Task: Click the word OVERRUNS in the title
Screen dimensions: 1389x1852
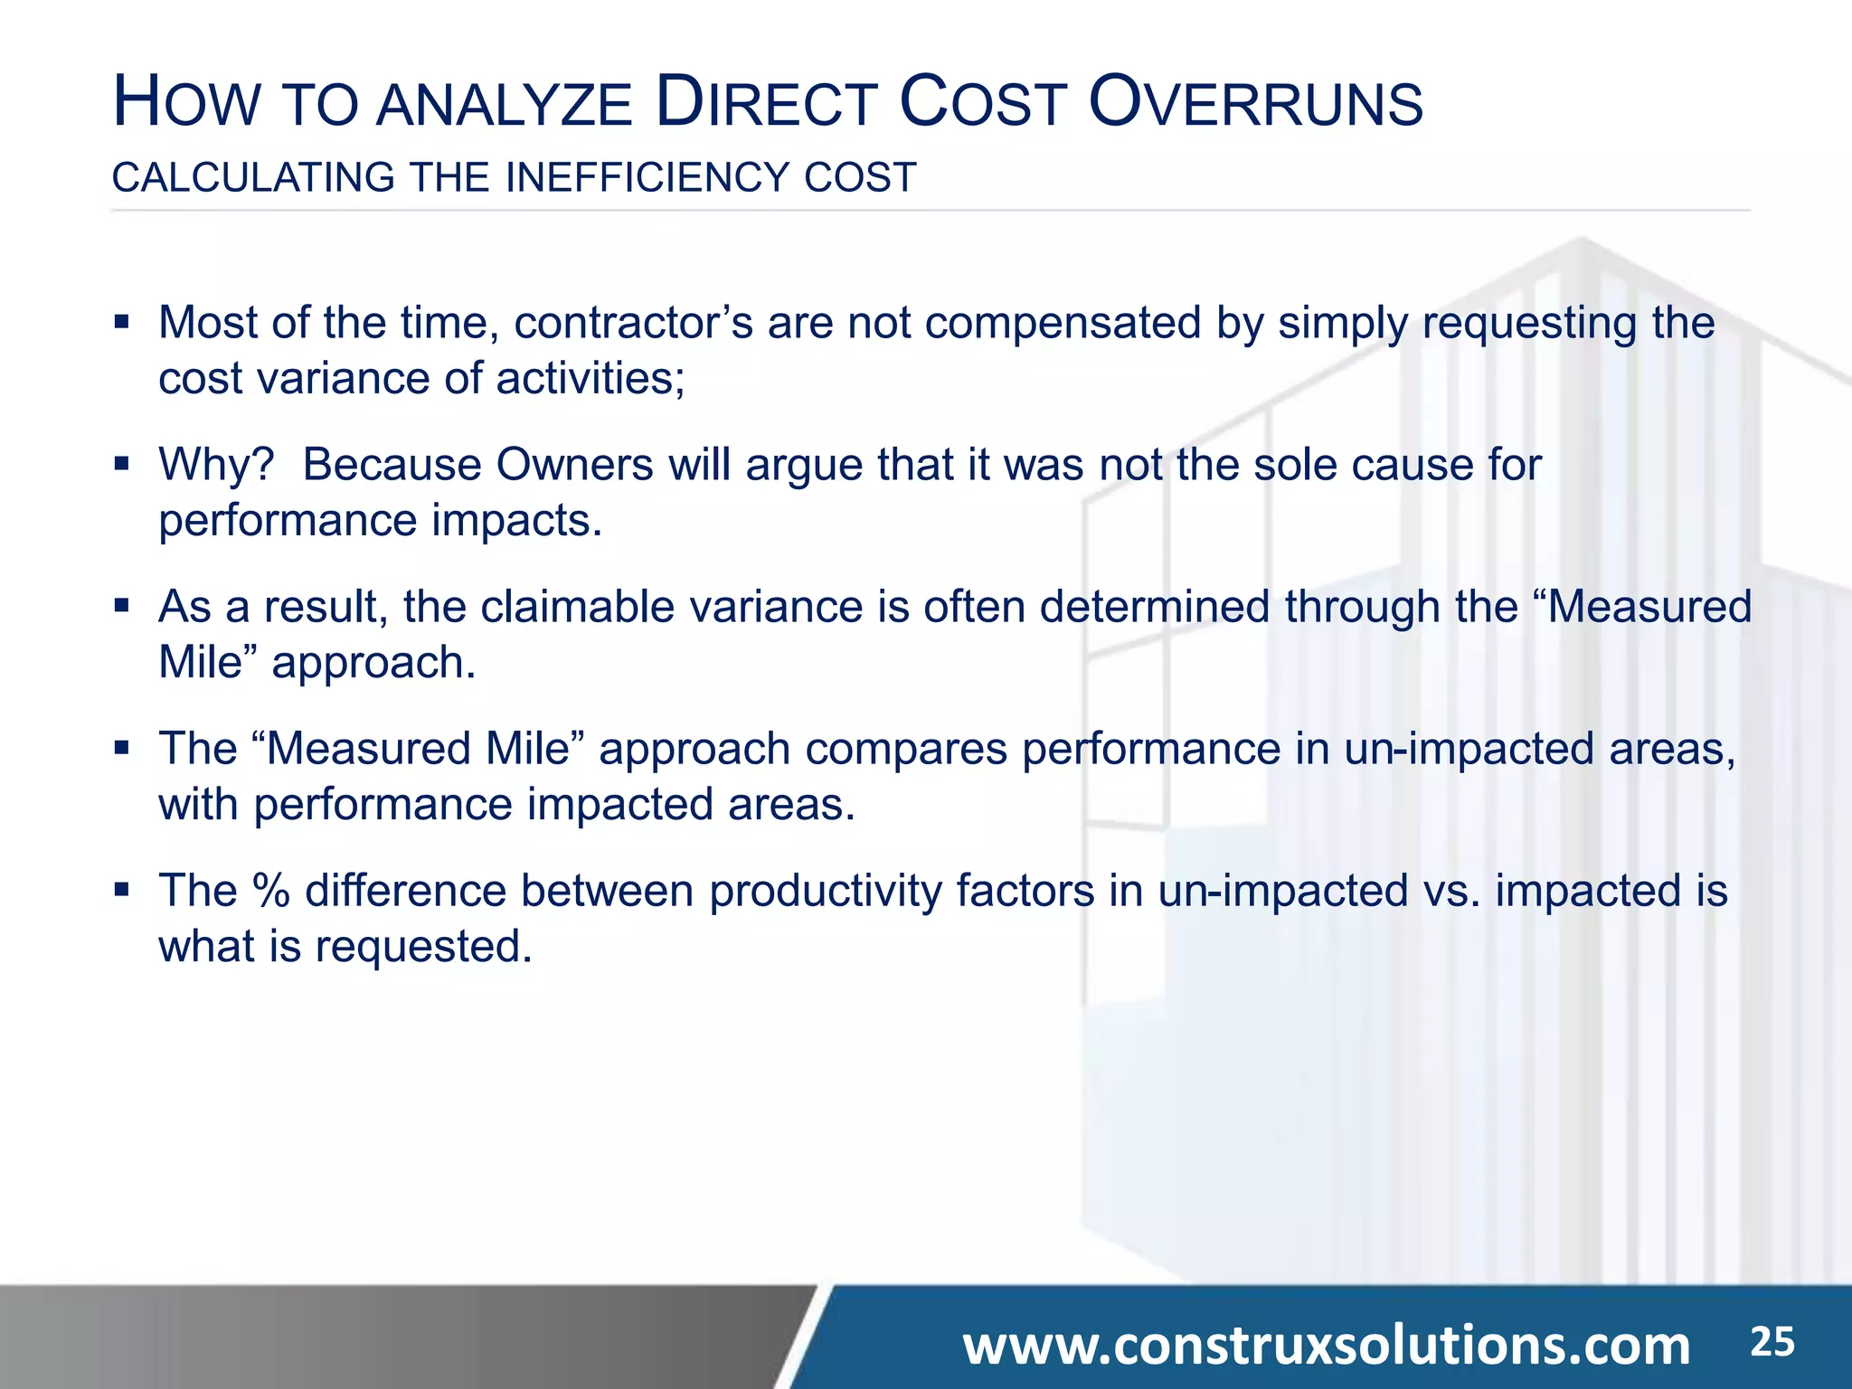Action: point(1255,103)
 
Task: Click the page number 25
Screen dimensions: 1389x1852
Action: point(1772,1342)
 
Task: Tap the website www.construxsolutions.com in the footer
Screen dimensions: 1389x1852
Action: point(1326,1346)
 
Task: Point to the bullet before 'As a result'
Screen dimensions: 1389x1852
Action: point(122,605)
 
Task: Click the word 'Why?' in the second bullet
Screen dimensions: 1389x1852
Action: point(216,465)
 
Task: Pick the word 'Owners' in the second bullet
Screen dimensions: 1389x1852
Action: point(574,465)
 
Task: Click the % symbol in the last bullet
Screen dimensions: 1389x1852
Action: point(270,891)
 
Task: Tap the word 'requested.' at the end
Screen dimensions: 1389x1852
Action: point(423,947)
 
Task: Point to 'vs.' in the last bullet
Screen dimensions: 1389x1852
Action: point(1451,891)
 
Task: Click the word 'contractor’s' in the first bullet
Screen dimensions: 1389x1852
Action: point(633,323)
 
